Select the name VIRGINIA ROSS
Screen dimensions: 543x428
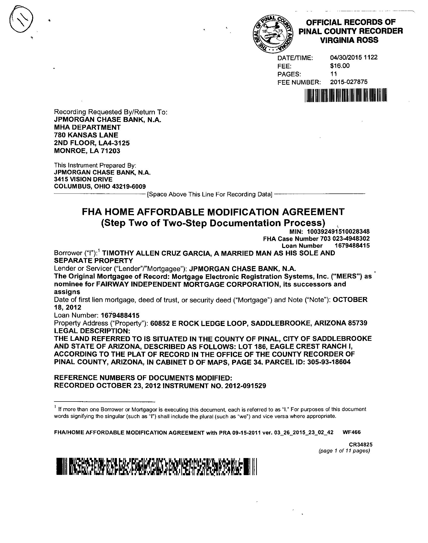coord(349,40)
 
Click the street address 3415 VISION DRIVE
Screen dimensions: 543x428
coord(83,179)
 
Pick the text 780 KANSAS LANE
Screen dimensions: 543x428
coord(86,135)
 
